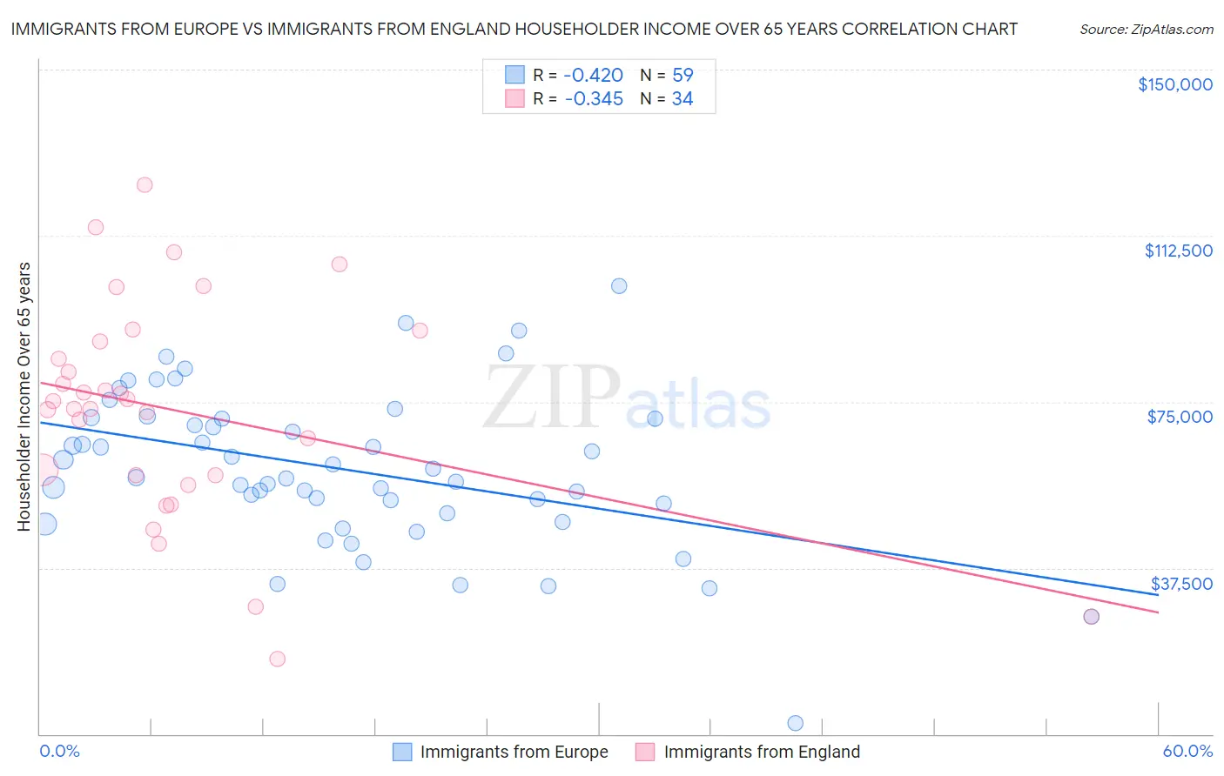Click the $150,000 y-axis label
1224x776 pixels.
[1174, 84]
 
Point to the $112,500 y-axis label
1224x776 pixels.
[1178, 251]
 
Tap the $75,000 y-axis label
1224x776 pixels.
[1180, 417]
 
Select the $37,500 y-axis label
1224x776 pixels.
[1180, 584]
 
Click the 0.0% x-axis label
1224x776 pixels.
[59, 751]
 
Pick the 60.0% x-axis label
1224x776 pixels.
[1187, 751]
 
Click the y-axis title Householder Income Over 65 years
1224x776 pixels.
[24, 397]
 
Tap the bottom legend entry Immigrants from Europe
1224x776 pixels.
[514, 752]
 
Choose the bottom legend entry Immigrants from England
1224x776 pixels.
[762, 752]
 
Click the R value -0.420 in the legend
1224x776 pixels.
[594, 75]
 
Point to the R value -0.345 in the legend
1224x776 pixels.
[594, 99]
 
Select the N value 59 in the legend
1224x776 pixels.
[683, 75]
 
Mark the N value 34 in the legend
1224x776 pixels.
[683, 99]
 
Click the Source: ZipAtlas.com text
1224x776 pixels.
[1146, 30]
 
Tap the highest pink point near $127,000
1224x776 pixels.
[145, 184]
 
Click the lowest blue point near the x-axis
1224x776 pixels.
[795, 723]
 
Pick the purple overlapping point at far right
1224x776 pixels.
[1091, 616]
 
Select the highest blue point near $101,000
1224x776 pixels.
[619, 286]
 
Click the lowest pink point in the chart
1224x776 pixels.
[278, 659]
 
